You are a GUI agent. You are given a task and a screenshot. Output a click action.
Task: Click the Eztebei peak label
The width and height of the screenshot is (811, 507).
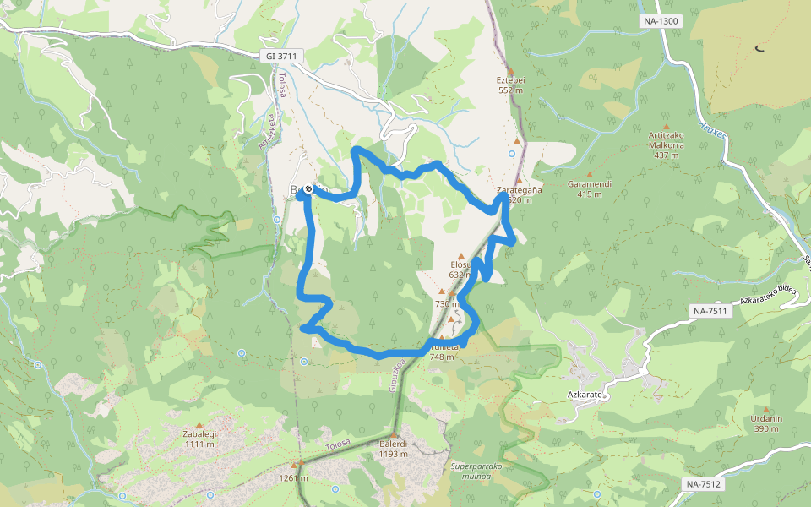pyautogui.click(x=511, y=80)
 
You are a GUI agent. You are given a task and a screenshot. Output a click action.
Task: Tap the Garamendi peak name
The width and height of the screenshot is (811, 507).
pyautogui.click(x=590, y=183)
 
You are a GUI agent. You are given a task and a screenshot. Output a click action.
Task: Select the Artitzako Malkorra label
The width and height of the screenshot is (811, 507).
pyautogui.click(x=666, y=139)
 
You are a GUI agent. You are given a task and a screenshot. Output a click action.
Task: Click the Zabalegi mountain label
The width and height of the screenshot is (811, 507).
pyautogui.click(x=199, y=434)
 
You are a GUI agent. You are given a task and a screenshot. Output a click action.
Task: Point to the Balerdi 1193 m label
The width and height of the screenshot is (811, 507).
pyautogui.click(x=394, y=449)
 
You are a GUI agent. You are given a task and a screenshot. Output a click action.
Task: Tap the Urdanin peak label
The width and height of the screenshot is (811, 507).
pyautogui.click(x=766, y=418)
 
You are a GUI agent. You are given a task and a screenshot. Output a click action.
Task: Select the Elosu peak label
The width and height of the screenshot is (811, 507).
pyautogui.click(x=460, y=264)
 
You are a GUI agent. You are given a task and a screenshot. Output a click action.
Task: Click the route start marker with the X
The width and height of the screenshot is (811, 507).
pyautogui.click(x=308, y=189)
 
